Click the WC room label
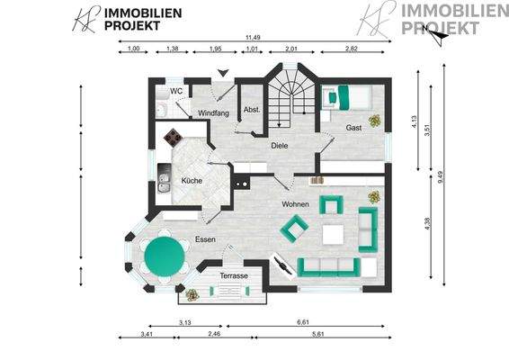177,91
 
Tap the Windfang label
212,112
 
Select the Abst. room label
252,110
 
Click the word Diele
279,146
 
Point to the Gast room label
354,127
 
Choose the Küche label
192,181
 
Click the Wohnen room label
295,204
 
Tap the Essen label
205,239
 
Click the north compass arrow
437,36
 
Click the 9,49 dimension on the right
441,176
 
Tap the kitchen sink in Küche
164,184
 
